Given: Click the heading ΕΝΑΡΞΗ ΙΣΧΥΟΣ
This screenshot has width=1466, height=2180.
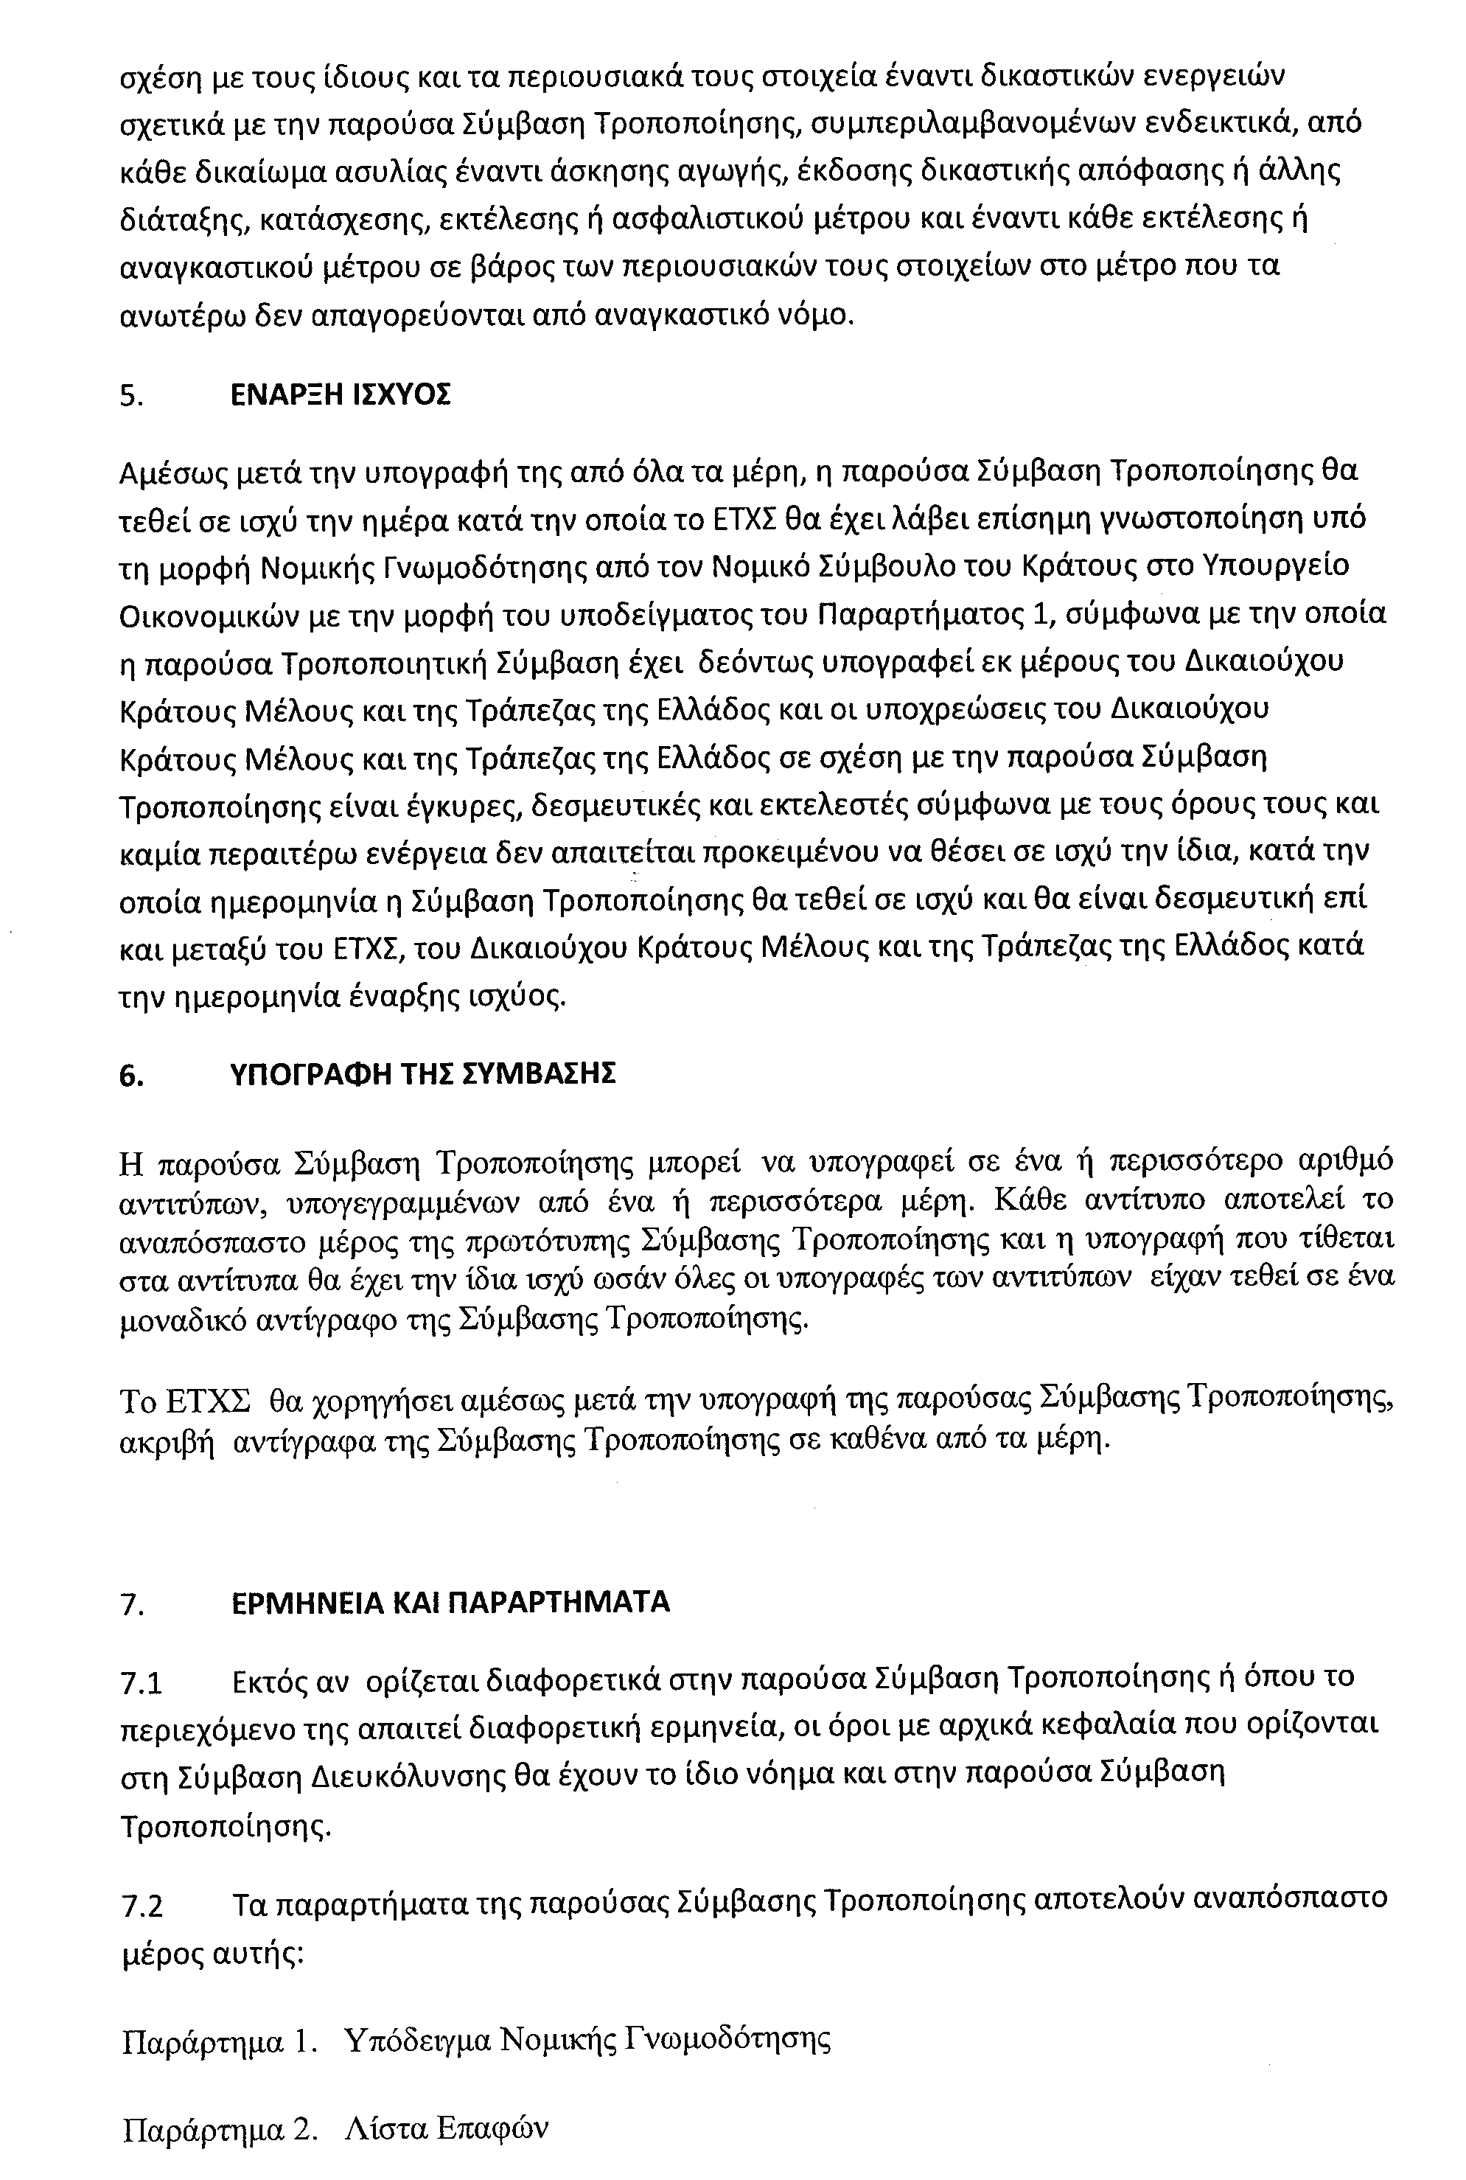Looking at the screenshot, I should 341,396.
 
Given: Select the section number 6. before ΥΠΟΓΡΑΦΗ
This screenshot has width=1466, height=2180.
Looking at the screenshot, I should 132,1076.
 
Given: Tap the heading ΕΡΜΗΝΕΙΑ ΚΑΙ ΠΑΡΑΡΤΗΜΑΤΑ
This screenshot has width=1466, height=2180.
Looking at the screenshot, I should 450,1603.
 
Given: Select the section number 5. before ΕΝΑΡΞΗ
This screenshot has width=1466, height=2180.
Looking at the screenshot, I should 131,397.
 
